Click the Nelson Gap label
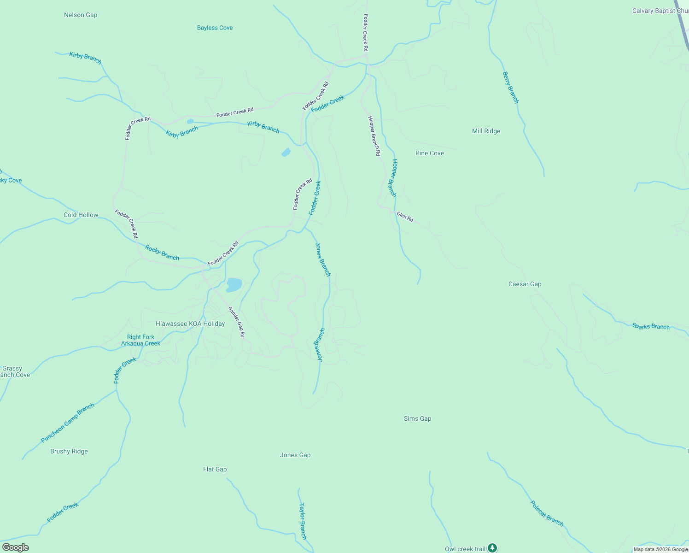point(81,15)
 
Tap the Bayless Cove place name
point(215,28)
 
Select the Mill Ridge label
point(486,131)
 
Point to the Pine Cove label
point(429,153)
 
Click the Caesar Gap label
point(525,284)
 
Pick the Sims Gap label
point(417,418)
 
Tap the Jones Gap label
point(295,455)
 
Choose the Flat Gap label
point(215,469)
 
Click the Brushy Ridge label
point(69,451)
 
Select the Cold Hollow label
point(81,215)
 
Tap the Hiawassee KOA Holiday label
point(190,324)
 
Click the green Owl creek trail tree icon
point(492,548)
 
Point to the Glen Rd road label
point(405,217)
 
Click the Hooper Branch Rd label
point(374,135)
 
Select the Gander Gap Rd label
point(236,322)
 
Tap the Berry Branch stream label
point(510,88)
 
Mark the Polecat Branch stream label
point(547,513)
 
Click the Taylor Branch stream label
point(302,521)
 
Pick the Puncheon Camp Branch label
point(68,423)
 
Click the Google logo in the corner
point(16,547)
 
